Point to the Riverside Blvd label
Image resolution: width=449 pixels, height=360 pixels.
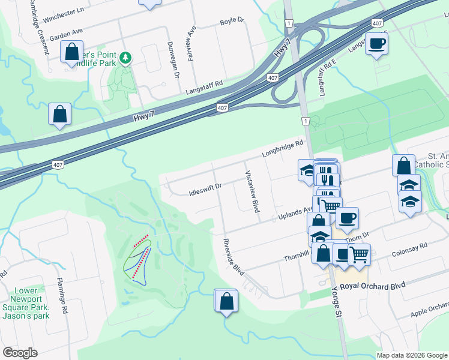click(234, 257)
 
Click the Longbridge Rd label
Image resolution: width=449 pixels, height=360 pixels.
click(283, 149)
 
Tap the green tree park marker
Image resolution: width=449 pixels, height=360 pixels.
click(125, 58)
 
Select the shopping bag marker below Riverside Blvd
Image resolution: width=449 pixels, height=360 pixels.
click(226, 301)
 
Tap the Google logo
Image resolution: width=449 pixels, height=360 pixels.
click(20, 353)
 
